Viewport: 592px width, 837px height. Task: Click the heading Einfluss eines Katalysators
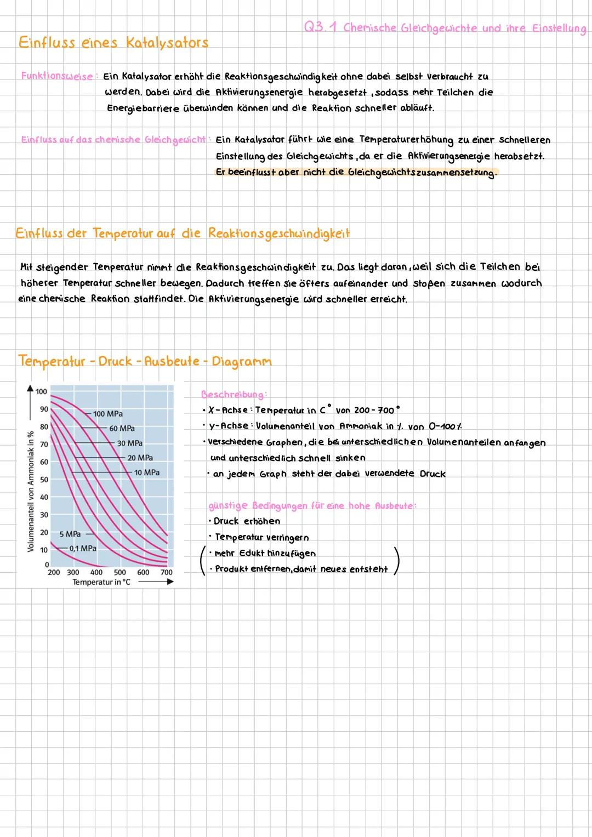113,43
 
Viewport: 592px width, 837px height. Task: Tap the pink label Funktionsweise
57,76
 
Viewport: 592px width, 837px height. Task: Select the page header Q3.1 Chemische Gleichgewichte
445,28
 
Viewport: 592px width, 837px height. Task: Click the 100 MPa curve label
108,414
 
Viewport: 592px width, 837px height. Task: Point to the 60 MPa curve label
122,429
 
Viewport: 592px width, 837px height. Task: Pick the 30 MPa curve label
130,443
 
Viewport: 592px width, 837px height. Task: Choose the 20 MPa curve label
140,458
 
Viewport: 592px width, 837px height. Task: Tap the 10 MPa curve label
147,472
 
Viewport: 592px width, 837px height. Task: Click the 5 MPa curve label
70,534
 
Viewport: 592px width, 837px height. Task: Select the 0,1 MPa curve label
83,548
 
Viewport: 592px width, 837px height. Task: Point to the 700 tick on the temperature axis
167,572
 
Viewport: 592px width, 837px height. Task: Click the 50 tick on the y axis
44,480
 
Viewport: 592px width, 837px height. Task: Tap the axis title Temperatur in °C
101,582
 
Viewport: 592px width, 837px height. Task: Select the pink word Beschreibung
234,394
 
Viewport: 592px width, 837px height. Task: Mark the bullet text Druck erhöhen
247,521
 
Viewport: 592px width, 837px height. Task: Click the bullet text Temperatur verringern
261,537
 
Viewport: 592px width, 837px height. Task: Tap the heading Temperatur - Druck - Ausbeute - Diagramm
145,361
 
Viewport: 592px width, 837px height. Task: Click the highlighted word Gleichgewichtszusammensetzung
422,172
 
